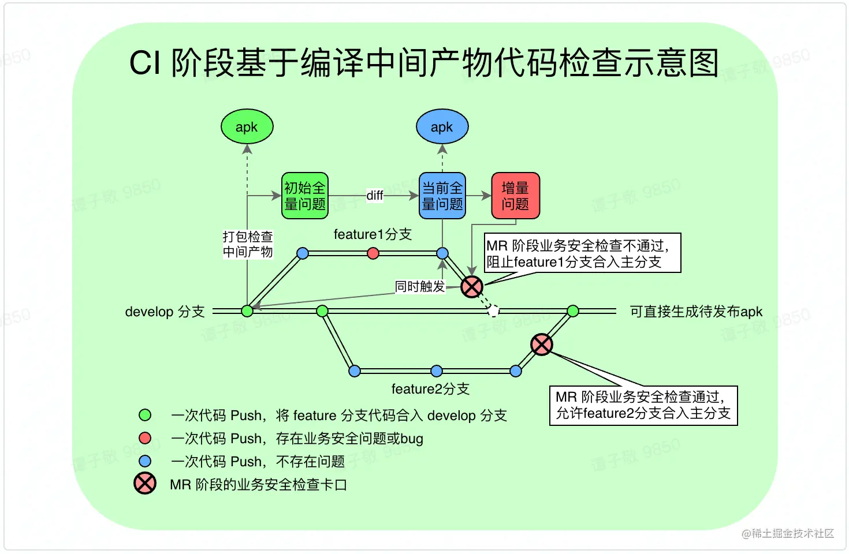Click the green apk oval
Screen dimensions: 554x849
247,127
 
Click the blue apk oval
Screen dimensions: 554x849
442,127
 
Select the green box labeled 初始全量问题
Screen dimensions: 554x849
305,196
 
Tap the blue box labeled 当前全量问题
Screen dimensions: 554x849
442,196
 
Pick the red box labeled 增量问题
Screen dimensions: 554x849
515,196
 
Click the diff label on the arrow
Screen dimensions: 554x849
375,196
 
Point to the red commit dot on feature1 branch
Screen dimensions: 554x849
373,253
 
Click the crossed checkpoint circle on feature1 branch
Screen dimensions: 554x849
472,286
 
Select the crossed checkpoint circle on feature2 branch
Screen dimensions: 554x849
542,345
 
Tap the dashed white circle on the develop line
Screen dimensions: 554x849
493,311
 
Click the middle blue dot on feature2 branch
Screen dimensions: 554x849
437,370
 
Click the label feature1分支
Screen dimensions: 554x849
373,234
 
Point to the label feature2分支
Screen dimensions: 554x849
430,389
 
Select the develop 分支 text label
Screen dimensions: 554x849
165,312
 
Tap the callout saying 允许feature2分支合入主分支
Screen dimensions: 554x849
643,405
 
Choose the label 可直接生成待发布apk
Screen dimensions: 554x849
696,312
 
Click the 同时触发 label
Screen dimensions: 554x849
420,286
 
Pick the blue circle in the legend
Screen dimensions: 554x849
145,461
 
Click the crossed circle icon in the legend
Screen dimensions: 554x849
145,484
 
